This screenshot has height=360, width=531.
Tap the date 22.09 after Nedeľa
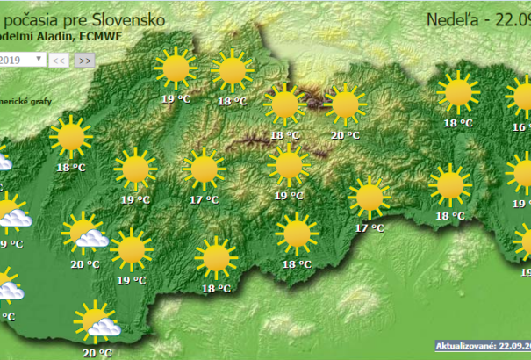coord(514,19)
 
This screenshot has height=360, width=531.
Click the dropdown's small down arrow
coord(39,60)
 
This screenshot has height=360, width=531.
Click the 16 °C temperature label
coord(521,127)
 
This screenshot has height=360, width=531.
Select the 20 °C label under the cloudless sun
coord(346,135)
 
